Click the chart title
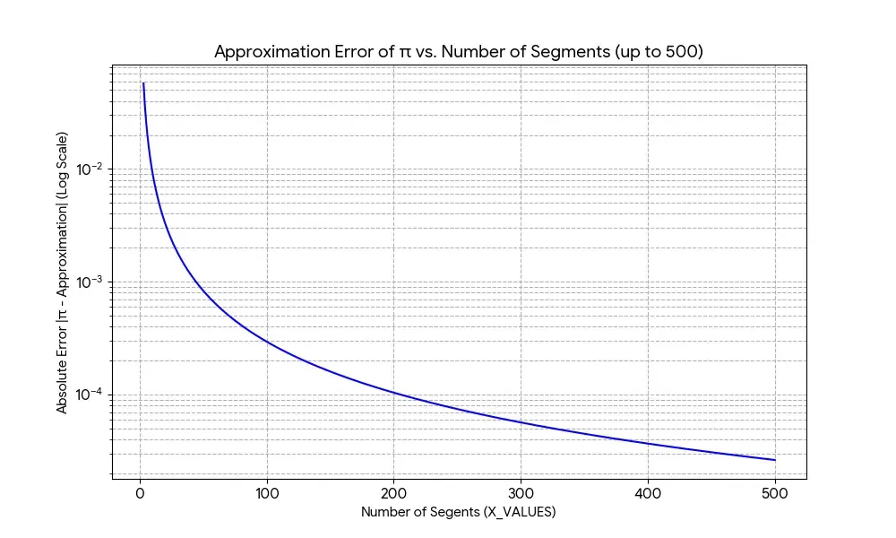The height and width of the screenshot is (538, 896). click(x=459, y=52)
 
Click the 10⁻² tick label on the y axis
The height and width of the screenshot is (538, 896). click(x=90, y=169)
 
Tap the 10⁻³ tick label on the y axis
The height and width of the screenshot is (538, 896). click(x=90, y=282)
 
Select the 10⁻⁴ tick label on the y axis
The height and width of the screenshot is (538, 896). click(x=90, y=395)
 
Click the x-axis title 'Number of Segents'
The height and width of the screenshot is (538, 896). click(x=459, y=513)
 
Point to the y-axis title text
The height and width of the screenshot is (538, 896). click(x=63, y=272)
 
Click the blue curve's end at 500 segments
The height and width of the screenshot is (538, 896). click(x=775, y=460)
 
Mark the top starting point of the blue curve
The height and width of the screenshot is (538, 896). click(x=143, y=83)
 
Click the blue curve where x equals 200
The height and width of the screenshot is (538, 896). click(x=394, y=392)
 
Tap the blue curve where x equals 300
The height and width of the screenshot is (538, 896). click(x=521, y=422)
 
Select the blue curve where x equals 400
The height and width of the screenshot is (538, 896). click(x=648, y=443)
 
